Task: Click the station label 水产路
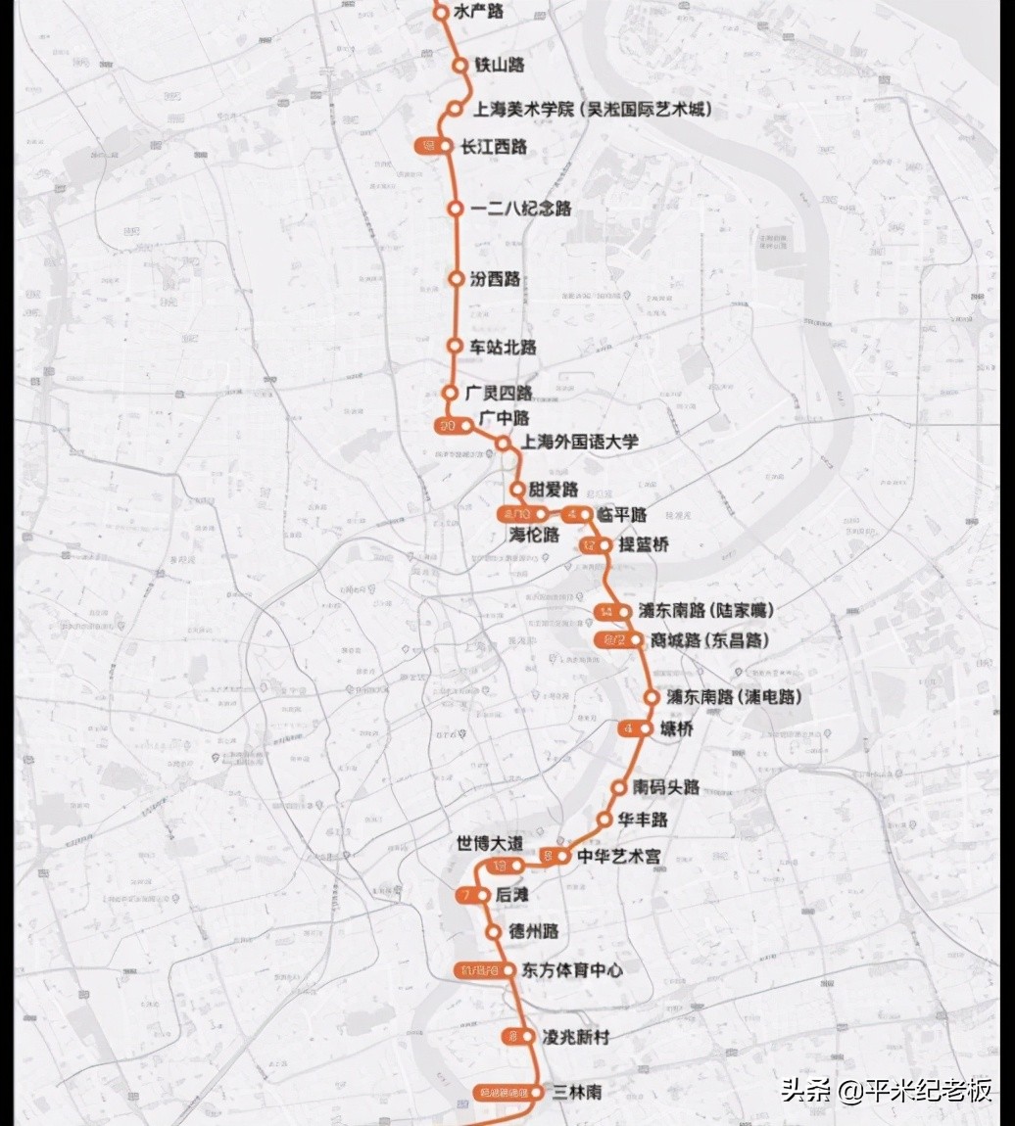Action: coord(481,13)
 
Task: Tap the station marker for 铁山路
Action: coord(459,65)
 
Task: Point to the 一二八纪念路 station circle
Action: coord(455,209)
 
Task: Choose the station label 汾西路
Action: coord(496,279)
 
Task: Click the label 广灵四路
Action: coord(499,393)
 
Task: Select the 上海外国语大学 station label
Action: coord(582,442)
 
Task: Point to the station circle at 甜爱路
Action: coord(517,489)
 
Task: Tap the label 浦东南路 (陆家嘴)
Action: coord(706,611)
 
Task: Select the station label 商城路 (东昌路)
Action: coord(710,640)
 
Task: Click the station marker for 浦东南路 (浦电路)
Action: coord(652,697)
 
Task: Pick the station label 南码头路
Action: coord(666,787)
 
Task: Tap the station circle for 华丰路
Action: coord(606,819)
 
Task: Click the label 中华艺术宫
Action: coord(619,857)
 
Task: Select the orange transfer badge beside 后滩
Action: coord(468,895)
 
